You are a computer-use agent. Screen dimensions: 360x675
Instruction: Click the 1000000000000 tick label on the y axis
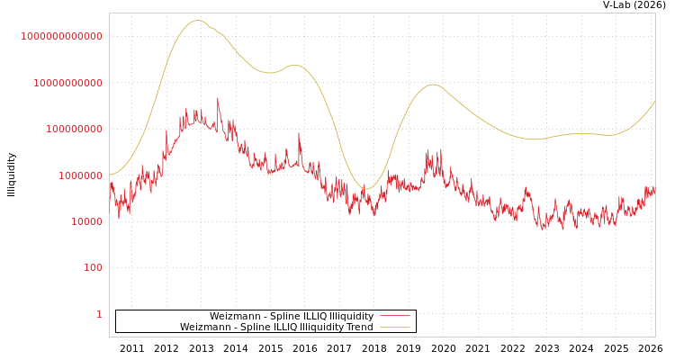click(62, 36)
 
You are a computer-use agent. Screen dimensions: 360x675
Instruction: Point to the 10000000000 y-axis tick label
click(67, 83)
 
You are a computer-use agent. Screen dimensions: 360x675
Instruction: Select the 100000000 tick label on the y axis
click(74, 130)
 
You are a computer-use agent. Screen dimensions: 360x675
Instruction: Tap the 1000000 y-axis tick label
click(80, 175)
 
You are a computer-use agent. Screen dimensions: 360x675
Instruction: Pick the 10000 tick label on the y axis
click(85, 221)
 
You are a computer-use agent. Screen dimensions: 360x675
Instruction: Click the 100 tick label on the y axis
click(93, 268)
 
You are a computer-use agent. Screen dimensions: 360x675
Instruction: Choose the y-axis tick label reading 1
click(99, 314)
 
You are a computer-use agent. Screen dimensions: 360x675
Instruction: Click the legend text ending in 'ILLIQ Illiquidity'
click(292, 317)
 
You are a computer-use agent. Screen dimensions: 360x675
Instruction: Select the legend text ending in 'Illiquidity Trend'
click(276, 328)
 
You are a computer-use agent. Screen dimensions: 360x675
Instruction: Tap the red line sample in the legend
click(394, 317)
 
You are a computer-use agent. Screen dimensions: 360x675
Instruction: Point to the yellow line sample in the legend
click(394, 328)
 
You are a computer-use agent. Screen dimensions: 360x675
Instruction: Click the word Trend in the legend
click(359, 328)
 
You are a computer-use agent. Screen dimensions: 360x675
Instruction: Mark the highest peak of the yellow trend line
click(198, 20)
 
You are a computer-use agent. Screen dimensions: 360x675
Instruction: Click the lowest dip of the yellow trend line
click(365, 189)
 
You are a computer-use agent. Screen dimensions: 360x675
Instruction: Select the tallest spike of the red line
click(217, 98)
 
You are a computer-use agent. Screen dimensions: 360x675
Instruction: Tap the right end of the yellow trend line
click(654, 101)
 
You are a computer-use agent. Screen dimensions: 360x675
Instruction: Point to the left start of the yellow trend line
click(110, 175)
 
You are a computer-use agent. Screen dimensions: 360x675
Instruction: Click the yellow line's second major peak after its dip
click(433, 85)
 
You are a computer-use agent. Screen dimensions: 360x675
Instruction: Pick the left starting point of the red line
click(110, 184)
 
